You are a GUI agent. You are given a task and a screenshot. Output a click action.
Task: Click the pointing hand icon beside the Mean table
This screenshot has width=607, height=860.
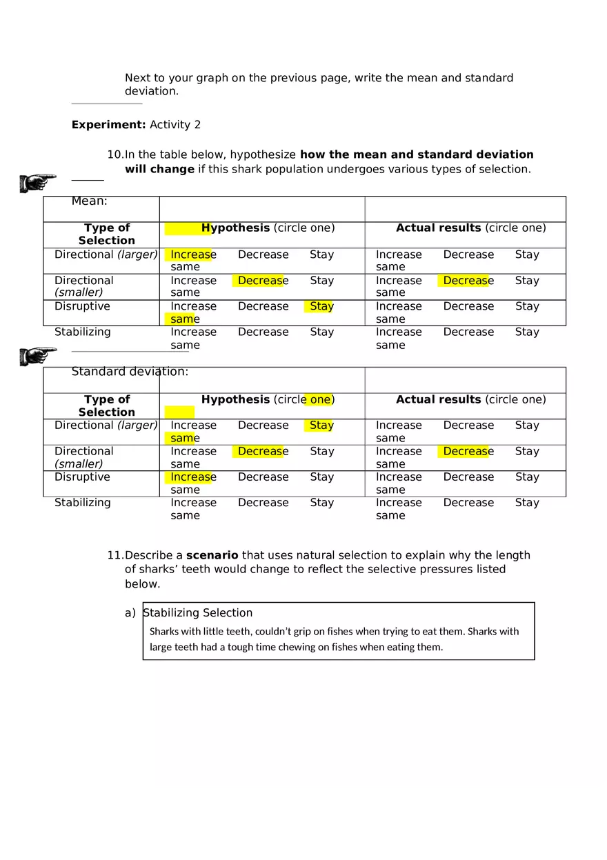(38, 183)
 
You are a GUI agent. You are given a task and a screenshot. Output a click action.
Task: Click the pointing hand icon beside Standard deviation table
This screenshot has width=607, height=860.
(38, 356)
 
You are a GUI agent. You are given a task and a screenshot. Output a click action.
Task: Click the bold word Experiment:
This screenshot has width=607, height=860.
(108, 125)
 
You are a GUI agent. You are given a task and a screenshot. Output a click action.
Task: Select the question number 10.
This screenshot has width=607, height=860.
(115, 154)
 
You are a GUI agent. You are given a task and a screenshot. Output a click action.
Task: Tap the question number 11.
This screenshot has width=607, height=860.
(115, 555)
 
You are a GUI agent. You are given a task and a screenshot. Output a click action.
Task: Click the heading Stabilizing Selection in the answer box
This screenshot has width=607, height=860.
(197, 612)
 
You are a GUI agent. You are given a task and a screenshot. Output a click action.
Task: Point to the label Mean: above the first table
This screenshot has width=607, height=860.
(89, 201)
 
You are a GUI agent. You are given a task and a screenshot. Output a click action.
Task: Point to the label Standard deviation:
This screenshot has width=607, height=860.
(130, 372)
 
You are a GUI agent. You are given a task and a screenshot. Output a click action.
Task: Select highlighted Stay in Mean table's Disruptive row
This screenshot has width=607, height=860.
(321, 306)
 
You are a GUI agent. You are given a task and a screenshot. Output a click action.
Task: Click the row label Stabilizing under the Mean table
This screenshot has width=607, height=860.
(82, 332)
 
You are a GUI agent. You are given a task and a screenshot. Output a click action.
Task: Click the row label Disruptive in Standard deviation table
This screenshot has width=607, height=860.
(82, 477)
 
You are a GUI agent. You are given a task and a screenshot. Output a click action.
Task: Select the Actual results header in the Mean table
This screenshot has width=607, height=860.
(438, 228)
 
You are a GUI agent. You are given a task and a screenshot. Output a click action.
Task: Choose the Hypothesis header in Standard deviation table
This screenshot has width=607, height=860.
(235, 399)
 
